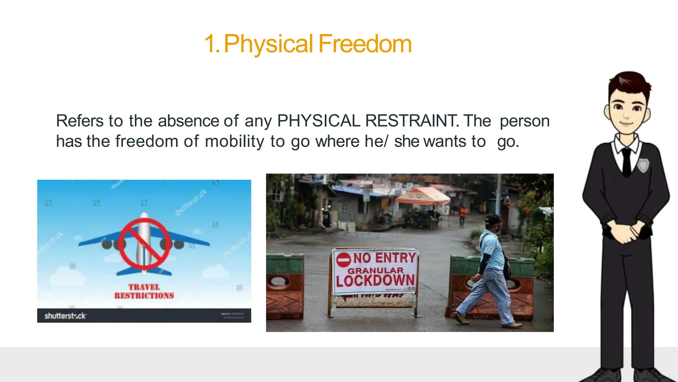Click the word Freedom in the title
(365, 44)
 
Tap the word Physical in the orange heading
(268, 44)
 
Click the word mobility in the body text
(234, 142)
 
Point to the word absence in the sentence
(188, 121)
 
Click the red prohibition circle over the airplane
(144, 244)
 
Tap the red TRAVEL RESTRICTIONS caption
(144, 291)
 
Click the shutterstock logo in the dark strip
(65, 316)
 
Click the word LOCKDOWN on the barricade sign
(375, 281)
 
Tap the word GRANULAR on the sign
(375, 270)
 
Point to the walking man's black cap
(492, 219)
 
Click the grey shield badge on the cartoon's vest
(643, 165)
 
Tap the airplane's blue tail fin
(144, 272)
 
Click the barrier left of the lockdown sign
(285, 286)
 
